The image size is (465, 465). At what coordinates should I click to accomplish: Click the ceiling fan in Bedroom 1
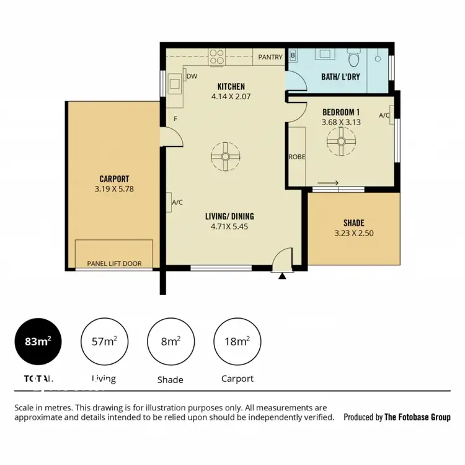coord(340,142)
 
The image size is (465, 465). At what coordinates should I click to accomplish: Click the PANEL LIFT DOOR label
coord(114,263)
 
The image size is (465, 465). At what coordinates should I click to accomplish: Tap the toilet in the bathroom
coord(355,60)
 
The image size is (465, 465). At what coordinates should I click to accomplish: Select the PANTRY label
coord(270,57)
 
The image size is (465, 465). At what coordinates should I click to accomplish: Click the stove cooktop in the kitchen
coord(217,58)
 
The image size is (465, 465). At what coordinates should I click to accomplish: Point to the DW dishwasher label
coord(192,77)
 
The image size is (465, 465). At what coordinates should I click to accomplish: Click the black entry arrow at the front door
coord(283,276)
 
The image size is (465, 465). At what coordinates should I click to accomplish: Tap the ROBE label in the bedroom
coord(297,157)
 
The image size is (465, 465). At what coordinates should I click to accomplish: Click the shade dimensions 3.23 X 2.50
coord(354,234)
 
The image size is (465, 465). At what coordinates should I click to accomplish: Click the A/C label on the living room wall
coord(176,202)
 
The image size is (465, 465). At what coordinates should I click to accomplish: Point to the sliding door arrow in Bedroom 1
coord(327,182)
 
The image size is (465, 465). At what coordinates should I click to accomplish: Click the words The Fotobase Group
coord(417,417)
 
